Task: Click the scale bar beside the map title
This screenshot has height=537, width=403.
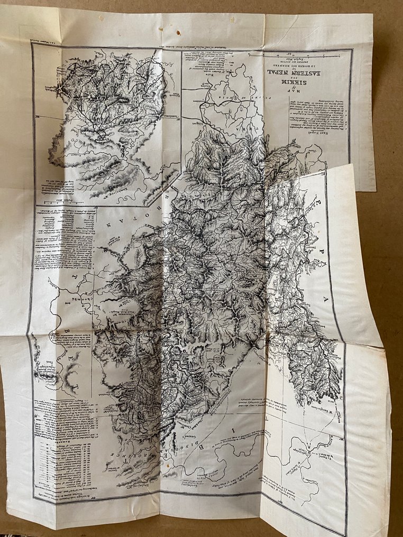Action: (296, 55)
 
